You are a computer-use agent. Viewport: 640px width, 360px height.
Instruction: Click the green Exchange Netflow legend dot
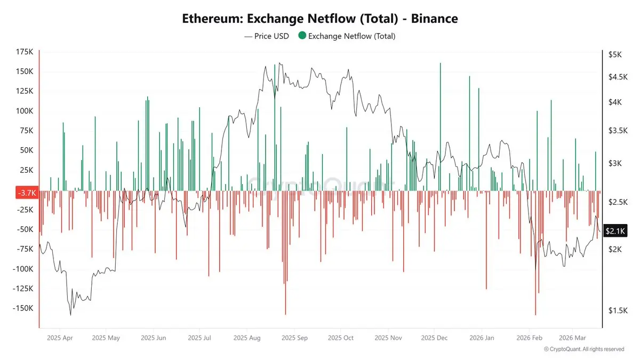point(302,36)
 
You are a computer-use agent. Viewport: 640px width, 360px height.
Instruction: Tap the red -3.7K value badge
point(26,193)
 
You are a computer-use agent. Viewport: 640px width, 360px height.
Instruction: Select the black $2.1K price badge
point(615,231)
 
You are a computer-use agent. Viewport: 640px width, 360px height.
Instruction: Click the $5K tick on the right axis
point(614,54)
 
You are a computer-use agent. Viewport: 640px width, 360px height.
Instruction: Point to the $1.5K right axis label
point(617,311)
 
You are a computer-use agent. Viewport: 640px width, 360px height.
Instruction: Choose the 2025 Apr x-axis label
point(60,338)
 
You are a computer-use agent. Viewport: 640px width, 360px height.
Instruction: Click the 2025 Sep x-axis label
point(294,338)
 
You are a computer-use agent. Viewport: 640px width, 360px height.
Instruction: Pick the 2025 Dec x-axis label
point(434,338)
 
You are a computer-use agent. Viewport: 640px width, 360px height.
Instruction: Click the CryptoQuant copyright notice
point(584,349)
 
